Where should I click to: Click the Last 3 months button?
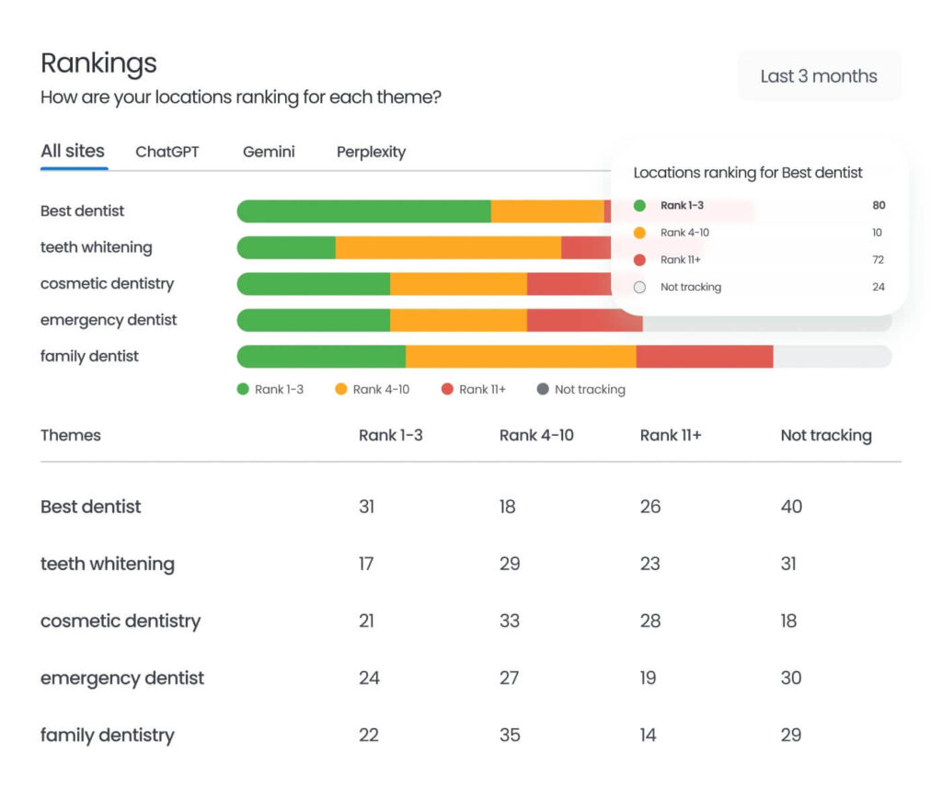pyautogui.click(x=819, y=76)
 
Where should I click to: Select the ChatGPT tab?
pyautogui.click(x=167, y=152)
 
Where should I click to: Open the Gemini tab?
pyautogui.click(x=269, y=152)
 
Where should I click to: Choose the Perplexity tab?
pyautogui.click(x=371, y=152)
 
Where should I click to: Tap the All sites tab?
pyautogui.click(x=73, y=151)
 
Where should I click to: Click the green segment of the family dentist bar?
pyautogui.click(x=321, y=357)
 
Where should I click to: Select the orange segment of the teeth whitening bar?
pyautogui.click(x=448, y=247)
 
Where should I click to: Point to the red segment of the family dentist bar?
pyautogui.click(x=704, y=357)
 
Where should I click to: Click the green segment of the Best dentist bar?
pyautogui.click(x=363, y=211)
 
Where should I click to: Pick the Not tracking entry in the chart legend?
pyautogui.click(x=580, y=389)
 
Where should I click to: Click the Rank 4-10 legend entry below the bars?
pyautogui.click(x=373, y=389)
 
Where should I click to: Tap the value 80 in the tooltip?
pyautogui.click(x=879, y=205)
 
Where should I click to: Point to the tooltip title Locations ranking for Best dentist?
pyautogui.click(x=748, y=172)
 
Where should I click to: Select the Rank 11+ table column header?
pyautogui.click(x=671, y=435)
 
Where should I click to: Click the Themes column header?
pyautogui.click(x=71, y=435)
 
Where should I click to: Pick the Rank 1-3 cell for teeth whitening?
pyautogui.click(x=366, y=564)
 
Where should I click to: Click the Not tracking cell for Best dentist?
pyautogui.click(x=791, y=507)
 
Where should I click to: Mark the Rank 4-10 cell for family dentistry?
pyautogui.click(x=510, y=735)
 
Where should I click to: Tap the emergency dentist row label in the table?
pyautogui.click(x=122, y=678)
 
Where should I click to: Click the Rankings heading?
pyautogui.click(x=98, y=63)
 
